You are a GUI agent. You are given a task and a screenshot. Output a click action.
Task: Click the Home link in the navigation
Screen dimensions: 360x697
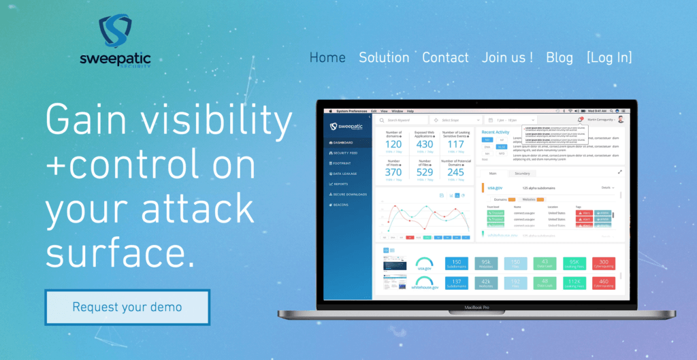(x=327, y=58)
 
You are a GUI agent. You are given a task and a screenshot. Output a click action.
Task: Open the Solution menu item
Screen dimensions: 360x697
(x=384, y=58)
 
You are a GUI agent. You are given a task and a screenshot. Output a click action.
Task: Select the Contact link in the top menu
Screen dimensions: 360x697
(x=445, y=58)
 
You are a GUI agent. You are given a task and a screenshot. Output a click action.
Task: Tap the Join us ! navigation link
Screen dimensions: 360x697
(x=507, y=58)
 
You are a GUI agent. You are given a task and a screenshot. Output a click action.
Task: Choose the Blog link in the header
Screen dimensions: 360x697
(x=560, y=58)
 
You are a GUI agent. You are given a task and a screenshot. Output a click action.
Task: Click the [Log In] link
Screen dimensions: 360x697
(x=609, y=58)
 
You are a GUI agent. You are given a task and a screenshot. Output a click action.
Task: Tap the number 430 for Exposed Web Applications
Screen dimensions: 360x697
(x=425, y=144)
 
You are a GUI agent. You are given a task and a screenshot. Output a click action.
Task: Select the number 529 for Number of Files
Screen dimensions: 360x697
(x=425, y=173)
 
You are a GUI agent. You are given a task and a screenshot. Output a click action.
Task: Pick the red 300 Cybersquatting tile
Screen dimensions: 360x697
(x=603, y=263)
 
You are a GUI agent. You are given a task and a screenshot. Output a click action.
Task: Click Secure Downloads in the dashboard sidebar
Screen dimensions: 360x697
(x=349, y=194)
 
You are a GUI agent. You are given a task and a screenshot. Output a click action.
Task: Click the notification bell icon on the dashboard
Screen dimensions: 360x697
(x=580, y=119)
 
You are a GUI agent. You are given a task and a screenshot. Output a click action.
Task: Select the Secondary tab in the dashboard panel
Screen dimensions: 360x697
(x=523, y=174)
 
